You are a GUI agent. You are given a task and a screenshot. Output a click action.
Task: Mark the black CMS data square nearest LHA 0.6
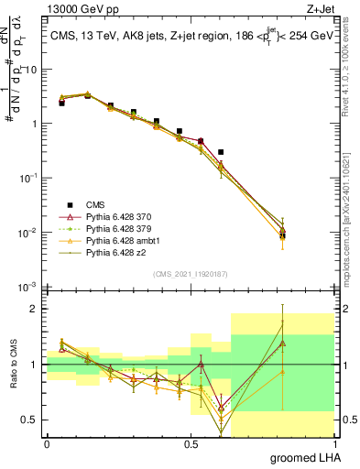click(x=221, y=152)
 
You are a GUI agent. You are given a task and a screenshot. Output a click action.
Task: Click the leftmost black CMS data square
click(x=61, y=104)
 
